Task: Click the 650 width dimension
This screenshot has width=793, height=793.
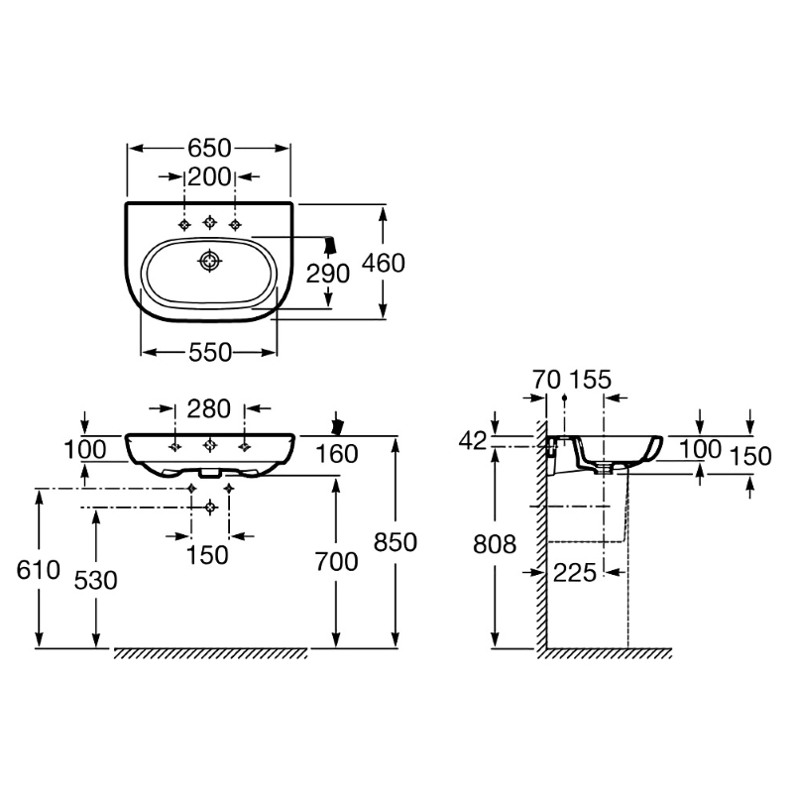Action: click(209, 149)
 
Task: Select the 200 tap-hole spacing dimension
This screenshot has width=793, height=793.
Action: click(209, 177)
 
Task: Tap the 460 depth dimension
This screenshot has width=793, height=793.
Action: click(383, 263)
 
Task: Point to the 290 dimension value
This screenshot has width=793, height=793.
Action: click(328, 274)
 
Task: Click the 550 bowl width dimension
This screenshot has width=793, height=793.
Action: click(209, 352)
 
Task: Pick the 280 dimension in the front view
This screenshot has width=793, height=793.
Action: click(209, 408)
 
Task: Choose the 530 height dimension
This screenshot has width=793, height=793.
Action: click(96, 578)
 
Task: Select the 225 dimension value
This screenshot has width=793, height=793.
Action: click(576, 571)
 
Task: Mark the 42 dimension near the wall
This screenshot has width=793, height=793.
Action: click(474, 440)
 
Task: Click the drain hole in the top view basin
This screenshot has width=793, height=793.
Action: click(209, 262)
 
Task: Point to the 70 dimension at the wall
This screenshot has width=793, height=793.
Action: click(546, 379)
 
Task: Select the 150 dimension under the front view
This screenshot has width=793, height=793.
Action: click(209, 555)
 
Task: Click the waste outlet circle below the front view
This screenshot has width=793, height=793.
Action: click(209, 507)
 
